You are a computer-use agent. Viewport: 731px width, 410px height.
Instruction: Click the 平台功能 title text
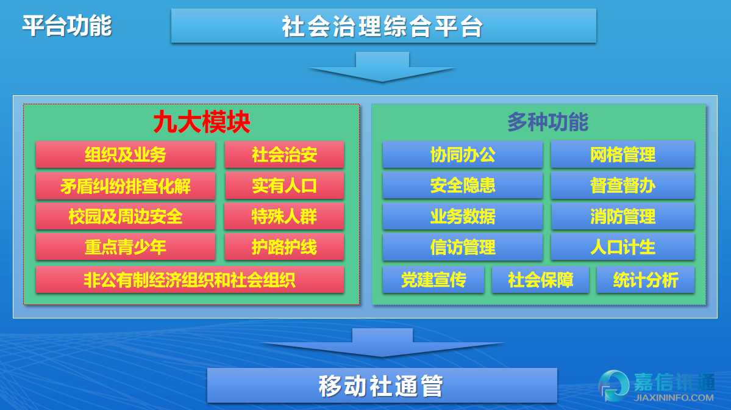(x=67, y=25)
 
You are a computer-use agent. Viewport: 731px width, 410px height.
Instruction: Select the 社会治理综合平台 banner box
(x=383, y=26)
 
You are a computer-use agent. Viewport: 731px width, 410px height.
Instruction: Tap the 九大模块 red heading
(x=201, y=122)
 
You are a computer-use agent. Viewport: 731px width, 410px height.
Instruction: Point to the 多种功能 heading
(x=547, y=122)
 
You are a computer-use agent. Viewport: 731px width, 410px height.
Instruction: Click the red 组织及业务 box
(x=126, y=154)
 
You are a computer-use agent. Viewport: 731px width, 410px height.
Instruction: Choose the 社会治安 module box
(x=284, y=154)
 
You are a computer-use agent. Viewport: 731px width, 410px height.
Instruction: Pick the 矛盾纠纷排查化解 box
(x=126, y=185)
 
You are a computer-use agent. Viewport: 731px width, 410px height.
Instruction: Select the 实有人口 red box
(x=284, y=185)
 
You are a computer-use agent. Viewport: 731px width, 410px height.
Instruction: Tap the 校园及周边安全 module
(x=126, y=217)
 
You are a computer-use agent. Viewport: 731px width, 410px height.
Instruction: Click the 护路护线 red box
(x=284, y=246)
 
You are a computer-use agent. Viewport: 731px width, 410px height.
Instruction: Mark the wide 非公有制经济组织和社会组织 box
(x=190, y=280)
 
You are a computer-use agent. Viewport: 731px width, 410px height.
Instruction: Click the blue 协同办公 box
(x=463, y=154)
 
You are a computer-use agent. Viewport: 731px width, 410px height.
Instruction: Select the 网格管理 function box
(x=622, y=154)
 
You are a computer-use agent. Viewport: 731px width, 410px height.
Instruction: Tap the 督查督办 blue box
(x=622, y=185)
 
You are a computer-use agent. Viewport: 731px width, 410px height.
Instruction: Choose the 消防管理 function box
(x=622, y=217)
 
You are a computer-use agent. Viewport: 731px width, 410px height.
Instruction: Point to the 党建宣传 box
(x=433, y=280)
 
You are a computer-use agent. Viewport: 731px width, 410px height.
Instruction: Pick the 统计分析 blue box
(x=645, y=280)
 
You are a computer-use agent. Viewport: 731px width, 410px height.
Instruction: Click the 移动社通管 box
(x=382, y=385)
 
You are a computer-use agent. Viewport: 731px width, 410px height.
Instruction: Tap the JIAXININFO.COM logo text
(x=674, y=398)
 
